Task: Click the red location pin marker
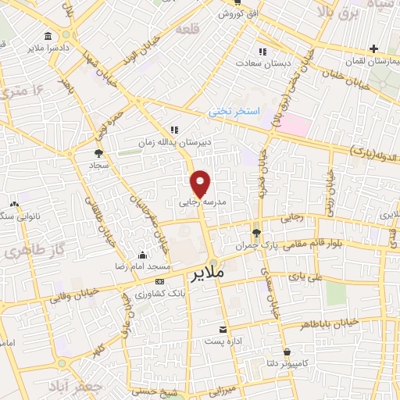click(x=201, y=183)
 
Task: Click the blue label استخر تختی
click(x=233, y=112)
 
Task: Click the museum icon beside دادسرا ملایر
click(x=48, y=37)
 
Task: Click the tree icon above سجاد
click(x=98, y=154)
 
